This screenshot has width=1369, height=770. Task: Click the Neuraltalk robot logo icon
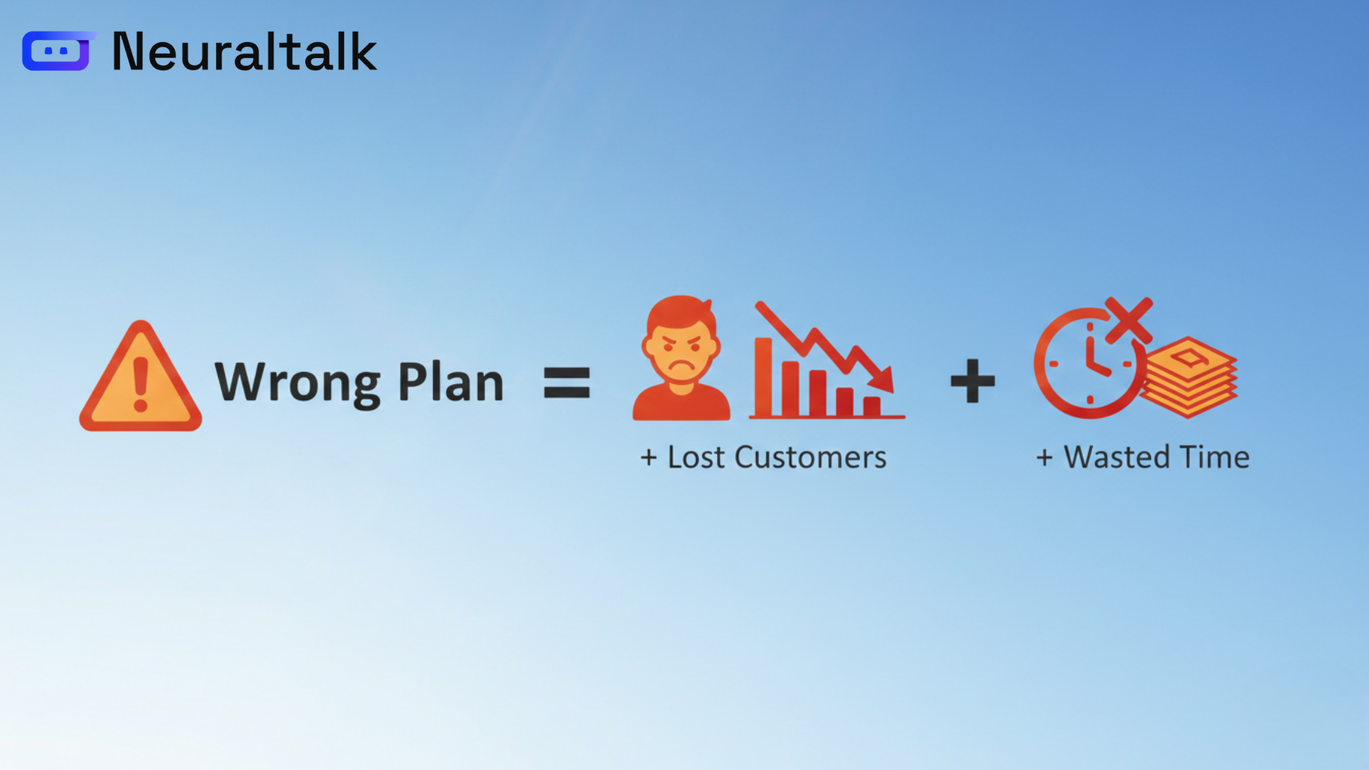[57, 51]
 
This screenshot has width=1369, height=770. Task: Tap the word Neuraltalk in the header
[244, 52]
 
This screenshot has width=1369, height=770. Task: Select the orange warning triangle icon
[141, 376]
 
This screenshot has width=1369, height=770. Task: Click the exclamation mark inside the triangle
[141, 384]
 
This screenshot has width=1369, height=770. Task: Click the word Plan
[451, 381]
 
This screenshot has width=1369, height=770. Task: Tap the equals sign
[567, 383]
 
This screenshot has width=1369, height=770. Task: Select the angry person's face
[681, 351]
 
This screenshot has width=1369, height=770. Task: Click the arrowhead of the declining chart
[881, 379]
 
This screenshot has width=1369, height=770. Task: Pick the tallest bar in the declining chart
[763, 378]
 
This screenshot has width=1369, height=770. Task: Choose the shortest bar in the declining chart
[872, 406]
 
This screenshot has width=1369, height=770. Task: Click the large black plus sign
[973, 381]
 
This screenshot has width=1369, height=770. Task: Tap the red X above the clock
[1129, 320]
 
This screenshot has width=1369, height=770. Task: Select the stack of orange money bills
[1189, 377]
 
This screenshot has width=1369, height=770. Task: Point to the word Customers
[810, 457]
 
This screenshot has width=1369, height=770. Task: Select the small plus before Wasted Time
[1044, 458]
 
